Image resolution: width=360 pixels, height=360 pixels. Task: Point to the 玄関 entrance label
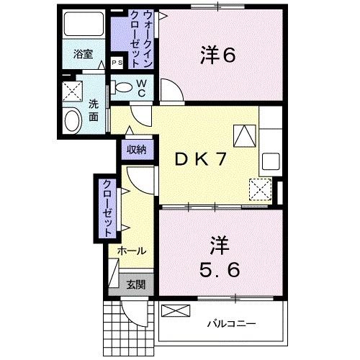point(135,284)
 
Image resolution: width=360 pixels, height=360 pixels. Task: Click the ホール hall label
point(132,251)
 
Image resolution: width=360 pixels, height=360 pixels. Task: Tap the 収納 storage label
point(138,150)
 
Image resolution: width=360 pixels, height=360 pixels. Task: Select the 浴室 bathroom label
point(84,53)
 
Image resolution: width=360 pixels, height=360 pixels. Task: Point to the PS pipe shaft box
point(117,63)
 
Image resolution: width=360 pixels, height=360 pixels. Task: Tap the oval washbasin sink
point(73,120)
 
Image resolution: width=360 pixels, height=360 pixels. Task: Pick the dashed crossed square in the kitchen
point(259,189)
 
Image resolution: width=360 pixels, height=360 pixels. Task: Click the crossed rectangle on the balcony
point(175,311)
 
